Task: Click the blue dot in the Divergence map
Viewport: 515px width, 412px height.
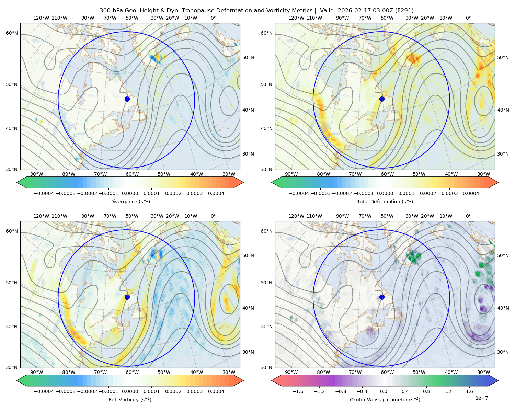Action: click(x=127, y=99)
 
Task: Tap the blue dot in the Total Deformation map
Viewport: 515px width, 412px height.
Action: click(x=382, y=99)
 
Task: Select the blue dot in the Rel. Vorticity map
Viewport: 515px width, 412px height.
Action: click(x=127, y=297)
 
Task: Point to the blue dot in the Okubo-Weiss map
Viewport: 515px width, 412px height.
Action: click(x=382, y=297)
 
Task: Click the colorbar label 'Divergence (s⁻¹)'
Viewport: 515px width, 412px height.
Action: click(x=130, y=202)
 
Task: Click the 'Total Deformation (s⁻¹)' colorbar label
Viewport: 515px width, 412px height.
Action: click(x=385, y=202)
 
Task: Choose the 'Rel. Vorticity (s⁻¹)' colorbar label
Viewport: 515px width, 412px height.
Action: click(x=130, y=400)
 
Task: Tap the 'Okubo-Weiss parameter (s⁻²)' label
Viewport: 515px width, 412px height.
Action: click(x=385, y=400)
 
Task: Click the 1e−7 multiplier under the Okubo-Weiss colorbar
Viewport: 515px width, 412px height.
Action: click(x=482, y=398)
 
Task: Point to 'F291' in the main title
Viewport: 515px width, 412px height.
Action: click(x=405, y=11)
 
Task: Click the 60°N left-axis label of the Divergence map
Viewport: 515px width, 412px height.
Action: click(x=11, y=33)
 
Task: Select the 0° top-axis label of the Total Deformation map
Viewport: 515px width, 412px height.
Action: click(x=468, y=18)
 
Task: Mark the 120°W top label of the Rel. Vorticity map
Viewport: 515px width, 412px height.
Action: click(x=41, y=216)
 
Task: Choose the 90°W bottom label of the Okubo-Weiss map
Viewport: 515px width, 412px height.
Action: click(x=291, y=372)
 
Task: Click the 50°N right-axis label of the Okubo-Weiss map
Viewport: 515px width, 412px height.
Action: click(x=503, y=255)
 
